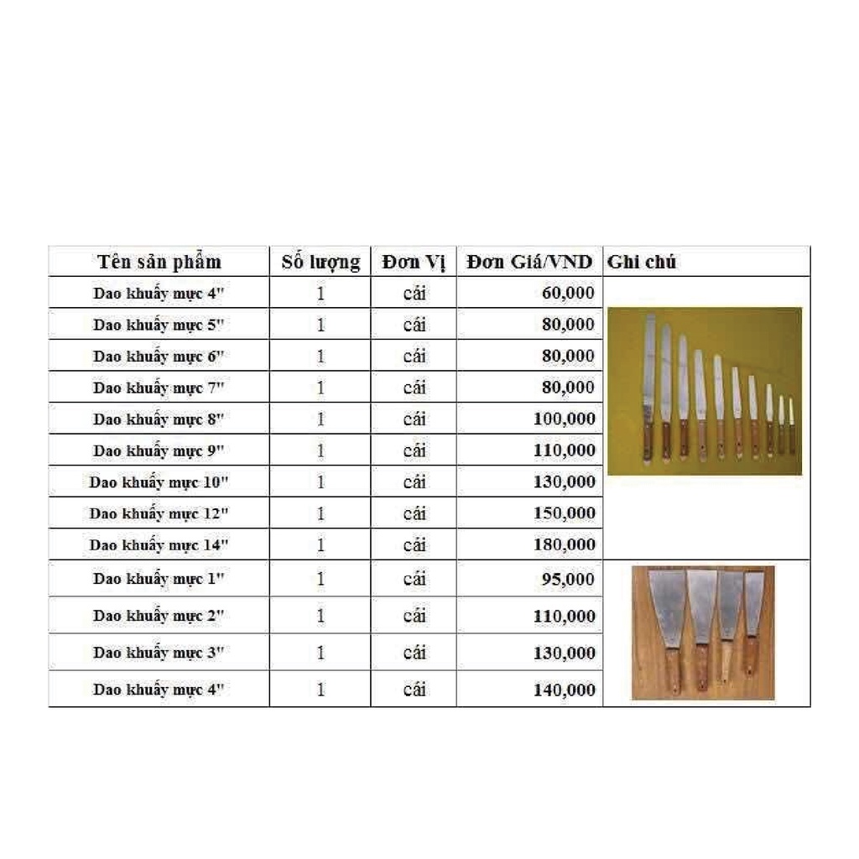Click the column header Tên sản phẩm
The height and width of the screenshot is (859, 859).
pos(159,261)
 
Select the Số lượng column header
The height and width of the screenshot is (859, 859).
pos(320,262)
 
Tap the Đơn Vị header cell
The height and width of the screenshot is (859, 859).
pos(414,262)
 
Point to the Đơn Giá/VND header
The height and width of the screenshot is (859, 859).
pos(529,262)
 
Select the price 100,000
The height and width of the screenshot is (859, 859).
pos(564,419)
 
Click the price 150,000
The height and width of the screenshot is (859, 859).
pos(564,513)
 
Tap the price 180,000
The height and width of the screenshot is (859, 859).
pos(564,544)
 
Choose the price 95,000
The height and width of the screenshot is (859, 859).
pos(568,579)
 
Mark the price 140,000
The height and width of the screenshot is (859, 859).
pos(564,690)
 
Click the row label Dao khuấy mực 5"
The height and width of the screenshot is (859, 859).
pos(159,325)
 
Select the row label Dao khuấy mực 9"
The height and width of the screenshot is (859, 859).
pos(159,450)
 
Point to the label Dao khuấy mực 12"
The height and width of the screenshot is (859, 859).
pos(159,513)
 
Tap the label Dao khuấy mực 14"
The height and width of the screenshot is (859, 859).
pos(159,545)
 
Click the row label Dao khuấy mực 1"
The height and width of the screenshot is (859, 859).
pos(159,579)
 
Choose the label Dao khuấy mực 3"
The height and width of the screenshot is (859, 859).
pos(159,653)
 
